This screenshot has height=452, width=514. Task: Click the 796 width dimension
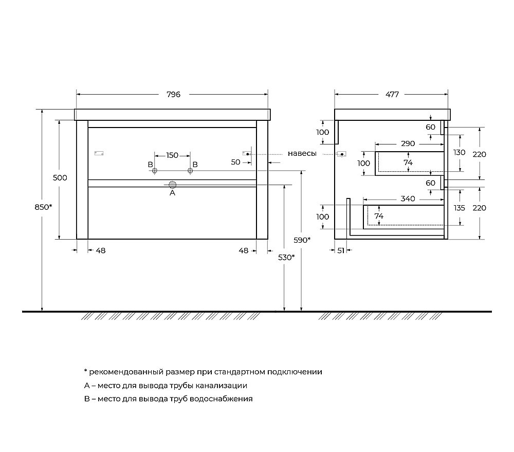173,94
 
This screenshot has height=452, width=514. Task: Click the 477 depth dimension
392,94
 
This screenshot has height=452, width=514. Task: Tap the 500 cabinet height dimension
60,178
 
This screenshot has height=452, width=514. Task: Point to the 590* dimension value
301,240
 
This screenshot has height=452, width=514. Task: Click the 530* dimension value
286,257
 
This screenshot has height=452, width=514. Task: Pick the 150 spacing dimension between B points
172,155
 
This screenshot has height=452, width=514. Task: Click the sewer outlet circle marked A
173,184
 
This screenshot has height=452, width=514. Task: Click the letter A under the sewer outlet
173,193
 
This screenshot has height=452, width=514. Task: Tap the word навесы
302,154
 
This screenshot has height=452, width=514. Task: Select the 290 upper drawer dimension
408,143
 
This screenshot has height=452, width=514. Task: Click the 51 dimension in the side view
340,250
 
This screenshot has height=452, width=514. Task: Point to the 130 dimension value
459,153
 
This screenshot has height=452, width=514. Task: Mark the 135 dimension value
459,208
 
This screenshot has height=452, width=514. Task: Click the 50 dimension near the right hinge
236,162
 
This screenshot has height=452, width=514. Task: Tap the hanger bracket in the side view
342,154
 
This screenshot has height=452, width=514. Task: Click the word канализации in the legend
222,385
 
